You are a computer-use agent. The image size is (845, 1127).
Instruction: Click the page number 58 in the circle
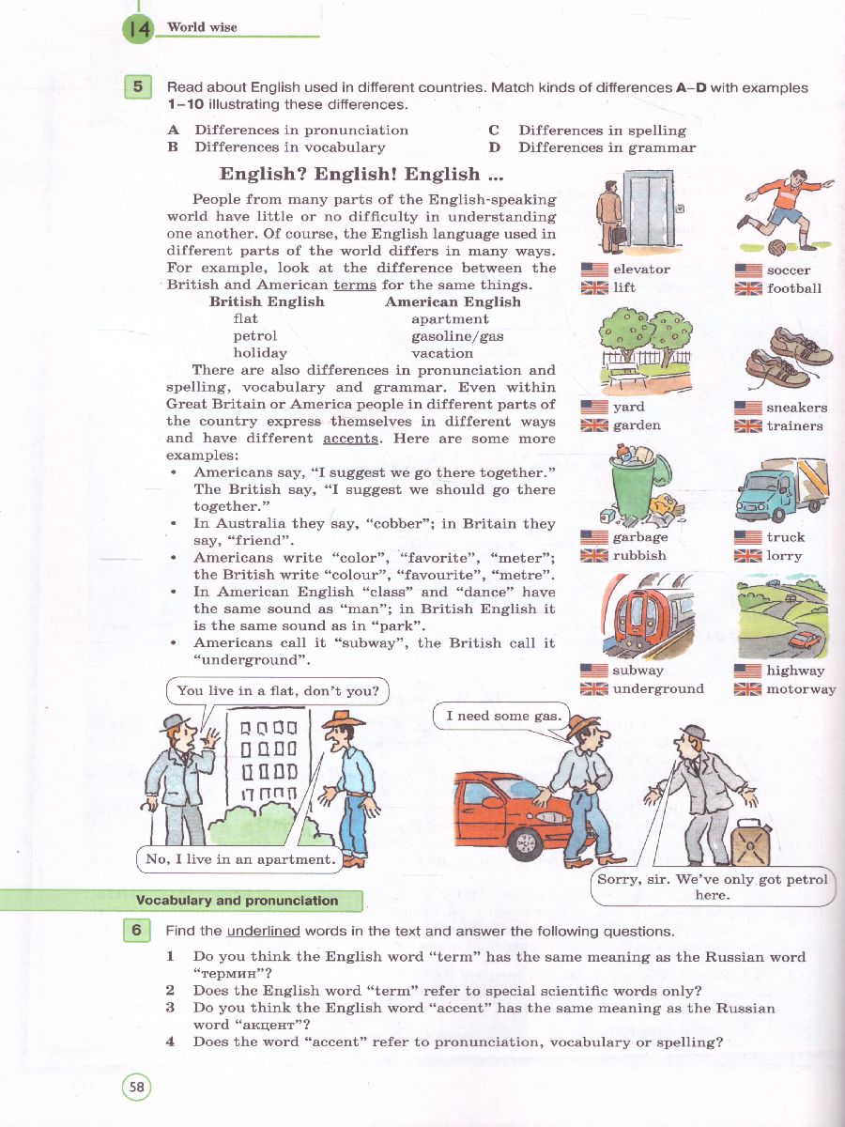click(x=137, y=1088)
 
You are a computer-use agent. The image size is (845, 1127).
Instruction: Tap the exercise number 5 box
click(x=138, y=87)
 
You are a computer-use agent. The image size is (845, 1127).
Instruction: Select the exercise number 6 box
click(x=138, y=930)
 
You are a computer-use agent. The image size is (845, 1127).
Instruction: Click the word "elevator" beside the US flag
click(x=641, y=270)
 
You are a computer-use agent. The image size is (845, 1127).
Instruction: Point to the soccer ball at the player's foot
click(x=778, y=248)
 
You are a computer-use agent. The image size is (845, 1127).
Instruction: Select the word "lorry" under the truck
click(x=784, y=556)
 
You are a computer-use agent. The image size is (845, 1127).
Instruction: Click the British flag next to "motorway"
click(x=747, y=689)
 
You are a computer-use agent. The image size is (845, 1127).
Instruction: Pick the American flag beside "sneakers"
click(x=747, y=408)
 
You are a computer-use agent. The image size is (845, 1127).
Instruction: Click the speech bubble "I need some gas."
click(x=499, y=717)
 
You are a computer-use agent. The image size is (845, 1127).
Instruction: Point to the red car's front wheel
click(x=525, y=842)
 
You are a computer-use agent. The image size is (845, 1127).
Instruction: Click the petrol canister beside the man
click(x=751, y=842)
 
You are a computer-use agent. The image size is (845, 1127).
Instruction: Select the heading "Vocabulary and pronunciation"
click(x=237, y=901)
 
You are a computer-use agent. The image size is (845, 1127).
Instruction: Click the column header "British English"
click(x=267, y=301)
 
